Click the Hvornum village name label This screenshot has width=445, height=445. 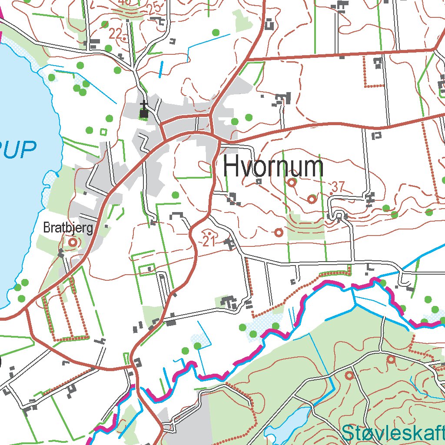click(x=273, y=167)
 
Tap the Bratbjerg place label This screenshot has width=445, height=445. click(x=68, y=228)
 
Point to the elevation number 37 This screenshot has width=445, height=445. click(x=337, y=187)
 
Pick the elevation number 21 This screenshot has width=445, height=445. click(x=209, y=240)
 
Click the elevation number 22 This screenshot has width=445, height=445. click(x=116, y=33)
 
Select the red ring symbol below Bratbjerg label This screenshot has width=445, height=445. click(x=73, y=242)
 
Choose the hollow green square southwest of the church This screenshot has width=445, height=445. click(x=103, y=131)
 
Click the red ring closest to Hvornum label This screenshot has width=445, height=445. click(x=292, y=183)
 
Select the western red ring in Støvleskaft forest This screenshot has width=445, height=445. click(x=349, y=375)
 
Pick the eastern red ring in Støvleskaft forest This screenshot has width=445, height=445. click(x=391, y=359)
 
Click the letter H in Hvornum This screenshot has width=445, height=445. click(x=231, y=167)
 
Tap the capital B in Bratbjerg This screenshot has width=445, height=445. click(x=46, y=228)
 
